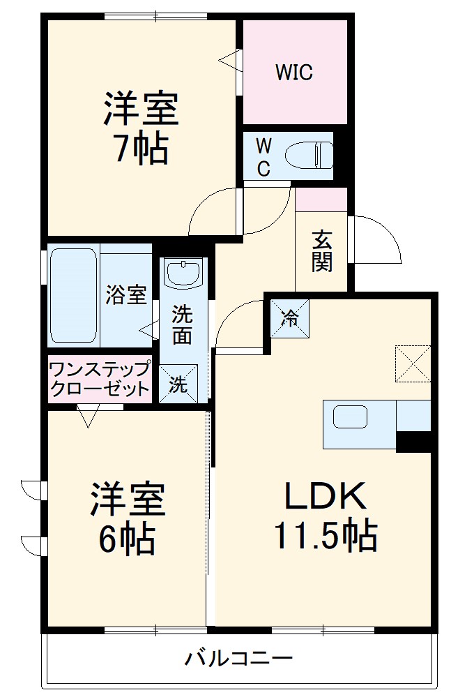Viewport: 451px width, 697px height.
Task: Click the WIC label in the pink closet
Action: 293,72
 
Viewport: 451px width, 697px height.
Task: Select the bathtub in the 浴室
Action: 72,295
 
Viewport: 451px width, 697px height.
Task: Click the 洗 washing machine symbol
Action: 178,384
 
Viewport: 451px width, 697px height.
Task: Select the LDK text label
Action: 325,497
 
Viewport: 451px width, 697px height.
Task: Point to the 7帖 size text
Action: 142,148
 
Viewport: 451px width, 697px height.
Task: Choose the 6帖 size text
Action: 128,538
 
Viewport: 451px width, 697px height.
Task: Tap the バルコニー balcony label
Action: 238,657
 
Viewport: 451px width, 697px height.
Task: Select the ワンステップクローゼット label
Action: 99,378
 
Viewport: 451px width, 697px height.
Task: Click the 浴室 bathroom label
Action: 126,295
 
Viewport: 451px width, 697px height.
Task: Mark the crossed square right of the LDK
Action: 413,364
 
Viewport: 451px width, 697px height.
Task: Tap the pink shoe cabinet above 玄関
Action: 321,200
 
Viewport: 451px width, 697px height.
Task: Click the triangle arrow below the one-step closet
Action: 88,417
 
